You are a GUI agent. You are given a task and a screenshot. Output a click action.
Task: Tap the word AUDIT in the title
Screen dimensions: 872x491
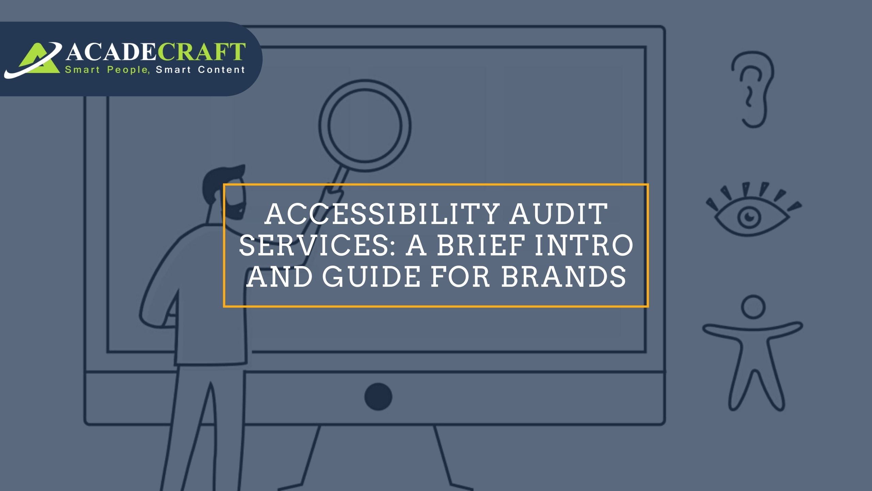coord(559,214)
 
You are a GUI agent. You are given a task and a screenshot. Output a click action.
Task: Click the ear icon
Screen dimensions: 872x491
coord(752,90)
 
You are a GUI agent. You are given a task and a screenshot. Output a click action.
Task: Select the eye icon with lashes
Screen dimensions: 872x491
coord(753,210)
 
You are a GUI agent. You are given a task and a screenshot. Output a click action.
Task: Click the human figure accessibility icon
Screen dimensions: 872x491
coord(752,355)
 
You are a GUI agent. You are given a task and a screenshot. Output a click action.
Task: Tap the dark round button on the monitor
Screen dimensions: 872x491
coord(378,397)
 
